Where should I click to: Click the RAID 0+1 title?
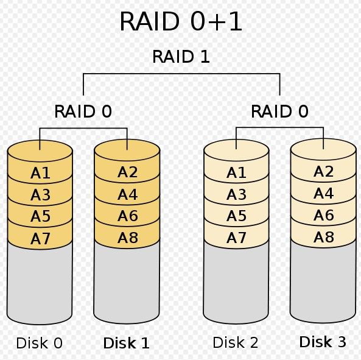pos(181,21)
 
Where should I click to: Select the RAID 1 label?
pos(181,57)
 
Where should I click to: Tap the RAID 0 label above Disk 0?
pos(83,111)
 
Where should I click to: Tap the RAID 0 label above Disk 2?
pos(279,111)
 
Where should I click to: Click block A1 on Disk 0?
pos(40,173)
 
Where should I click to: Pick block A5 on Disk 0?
pos(40,216)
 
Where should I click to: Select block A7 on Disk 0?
pos(40,238)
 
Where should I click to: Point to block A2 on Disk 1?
pos(127,172)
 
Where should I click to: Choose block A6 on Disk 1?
pos(127,216)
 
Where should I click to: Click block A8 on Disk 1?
pos(127,238)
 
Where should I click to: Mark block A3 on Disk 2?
pos(236,194)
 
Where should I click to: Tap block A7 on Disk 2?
pos(236,238)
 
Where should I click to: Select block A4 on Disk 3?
pos(323,193)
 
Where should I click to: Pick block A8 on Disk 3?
pos(323,237)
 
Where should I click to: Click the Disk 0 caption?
pos(40,343)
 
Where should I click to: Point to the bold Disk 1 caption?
pos(127,343)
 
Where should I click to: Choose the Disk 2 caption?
pos(236,342)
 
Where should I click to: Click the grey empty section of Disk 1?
pos(127,283)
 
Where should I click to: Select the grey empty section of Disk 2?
pos(236,283)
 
